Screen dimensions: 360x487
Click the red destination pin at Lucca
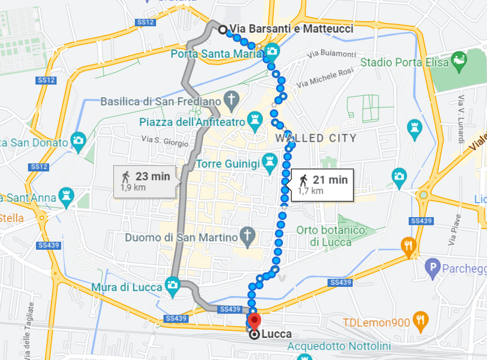coord(254,321)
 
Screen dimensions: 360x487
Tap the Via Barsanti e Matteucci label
coord(291,29)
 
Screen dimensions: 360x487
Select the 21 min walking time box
coord(321,185)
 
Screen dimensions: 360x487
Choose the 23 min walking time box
coord(145,181)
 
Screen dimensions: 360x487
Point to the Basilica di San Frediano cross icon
coord(231,101)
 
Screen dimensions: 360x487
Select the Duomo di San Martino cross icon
coord(247,236)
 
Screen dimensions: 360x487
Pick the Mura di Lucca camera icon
coord(172,285)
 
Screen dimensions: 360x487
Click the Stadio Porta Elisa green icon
coord(458,60)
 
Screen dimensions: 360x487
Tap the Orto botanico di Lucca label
coord(330,236)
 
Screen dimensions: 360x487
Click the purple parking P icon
coord(433,267)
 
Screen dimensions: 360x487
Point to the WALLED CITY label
coord(316,138)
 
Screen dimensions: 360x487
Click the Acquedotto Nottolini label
coord(339,346)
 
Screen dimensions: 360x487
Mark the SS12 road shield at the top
coord(146,22)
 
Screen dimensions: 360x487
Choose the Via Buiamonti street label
coord(331,54)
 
